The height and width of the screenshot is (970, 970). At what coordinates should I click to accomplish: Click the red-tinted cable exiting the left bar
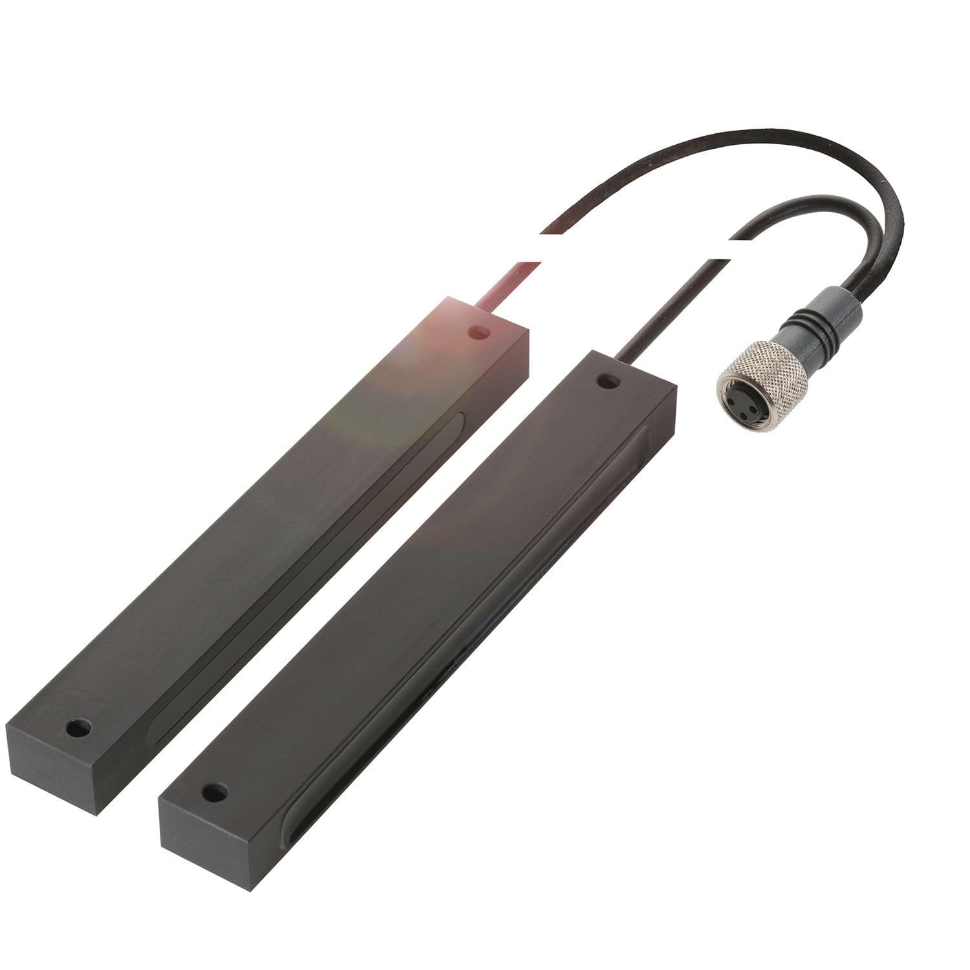pyautogui.click(x=504, y=278)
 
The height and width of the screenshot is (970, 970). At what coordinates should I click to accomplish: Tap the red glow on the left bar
pyautogui.click(x=427, y=336)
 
